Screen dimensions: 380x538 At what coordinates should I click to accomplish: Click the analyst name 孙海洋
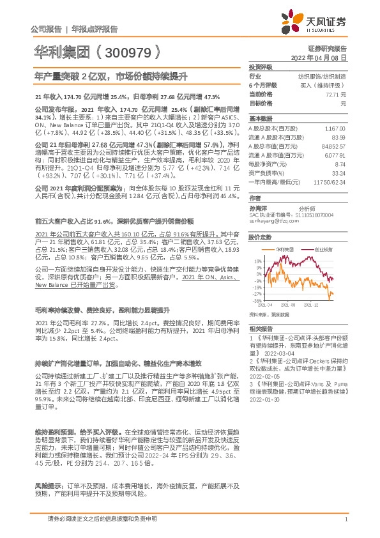coord(257,207)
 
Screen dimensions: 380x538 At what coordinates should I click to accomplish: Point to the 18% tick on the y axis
coord(257,261)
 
